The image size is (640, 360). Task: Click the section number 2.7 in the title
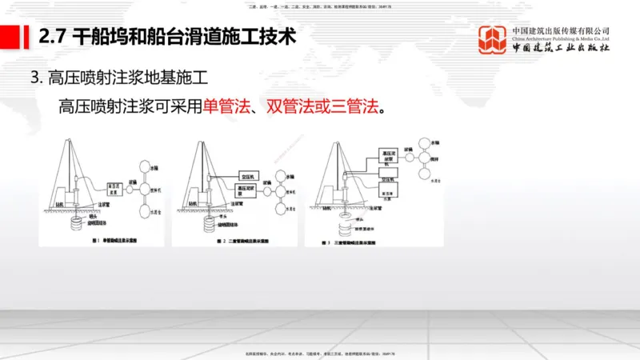53,36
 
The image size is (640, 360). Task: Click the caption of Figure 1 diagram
106,239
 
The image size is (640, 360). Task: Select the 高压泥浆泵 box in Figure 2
251,191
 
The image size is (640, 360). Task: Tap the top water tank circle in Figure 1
156,169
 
